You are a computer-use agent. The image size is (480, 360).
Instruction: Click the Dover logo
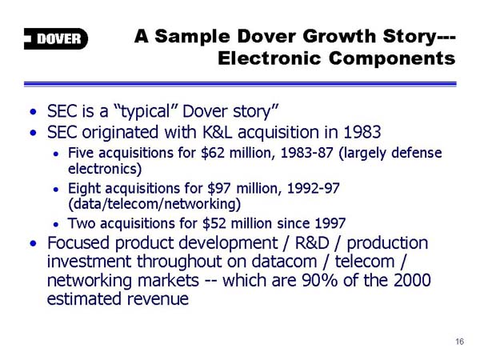coord(56,39)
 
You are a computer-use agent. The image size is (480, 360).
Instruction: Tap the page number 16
coord(459,342)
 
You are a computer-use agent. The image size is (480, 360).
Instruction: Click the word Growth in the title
coord(339,36)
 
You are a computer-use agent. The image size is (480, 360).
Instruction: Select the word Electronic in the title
coord(269,58)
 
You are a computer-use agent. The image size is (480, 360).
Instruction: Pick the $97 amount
coord(219,188)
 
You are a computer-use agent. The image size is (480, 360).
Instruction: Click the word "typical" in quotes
coord(144,112)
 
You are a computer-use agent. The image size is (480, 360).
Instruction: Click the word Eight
coord(84,189)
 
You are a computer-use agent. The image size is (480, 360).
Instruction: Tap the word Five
coord(81,153)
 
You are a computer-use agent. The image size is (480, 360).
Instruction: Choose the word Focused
coord(78,243)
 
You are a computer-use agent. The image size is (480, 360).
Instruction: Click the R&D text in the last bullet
coord(312,243)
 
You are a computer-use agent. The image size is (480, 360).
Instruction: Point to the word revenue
coord(158,299)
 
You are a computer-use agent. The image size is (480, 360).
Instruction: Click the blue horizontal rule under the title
coord(240,84)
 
